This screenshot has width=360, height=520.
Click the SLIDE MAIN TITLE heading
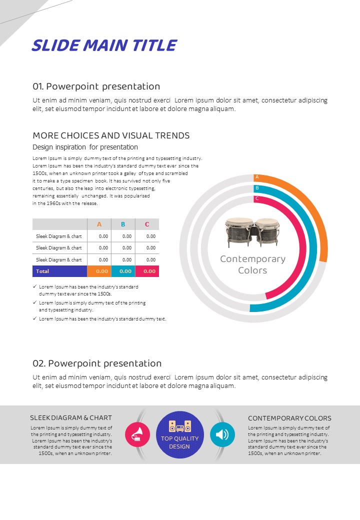tap(104, 45)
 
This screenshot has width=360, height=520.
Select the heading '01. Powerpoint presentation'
tap(96, 86)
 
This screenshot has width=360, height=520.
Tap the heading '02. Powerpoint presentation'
tap(97, 363)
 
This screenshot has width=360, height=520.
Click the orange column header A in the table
tap(99, 224)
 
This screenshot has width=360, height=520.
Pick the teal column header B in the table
tap(123, 224)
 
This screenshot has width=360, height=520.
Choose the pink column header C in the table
tap(147, 224)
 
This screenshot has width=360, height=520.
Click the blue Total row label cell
tap(59, 271)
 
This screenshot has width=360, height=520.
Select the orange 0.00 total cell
tap(102, 271)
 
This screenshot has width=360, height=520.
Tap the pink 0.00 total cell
tap(149, 271)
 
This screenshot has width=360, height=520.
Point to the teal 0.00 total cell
tap(125, 271)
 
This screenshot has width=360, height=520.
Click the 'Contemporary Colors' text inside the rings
tap(252, 264)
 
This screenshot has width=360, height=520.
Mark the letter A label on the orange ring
tap(257, 177)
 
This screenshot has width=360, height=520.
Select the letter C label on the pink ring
tap(257, 198)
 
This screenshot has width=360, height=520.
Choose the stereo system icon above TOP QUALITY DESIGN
tap(179, 426)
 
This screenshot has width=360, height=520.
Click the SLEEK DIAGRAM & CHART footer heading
tap(71, 418)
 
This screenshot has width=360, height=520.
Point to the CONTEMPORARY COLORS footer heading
tap(289, 418)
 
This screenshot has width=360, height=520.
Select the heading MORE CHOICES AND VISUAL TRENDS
tap(111, 135)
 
